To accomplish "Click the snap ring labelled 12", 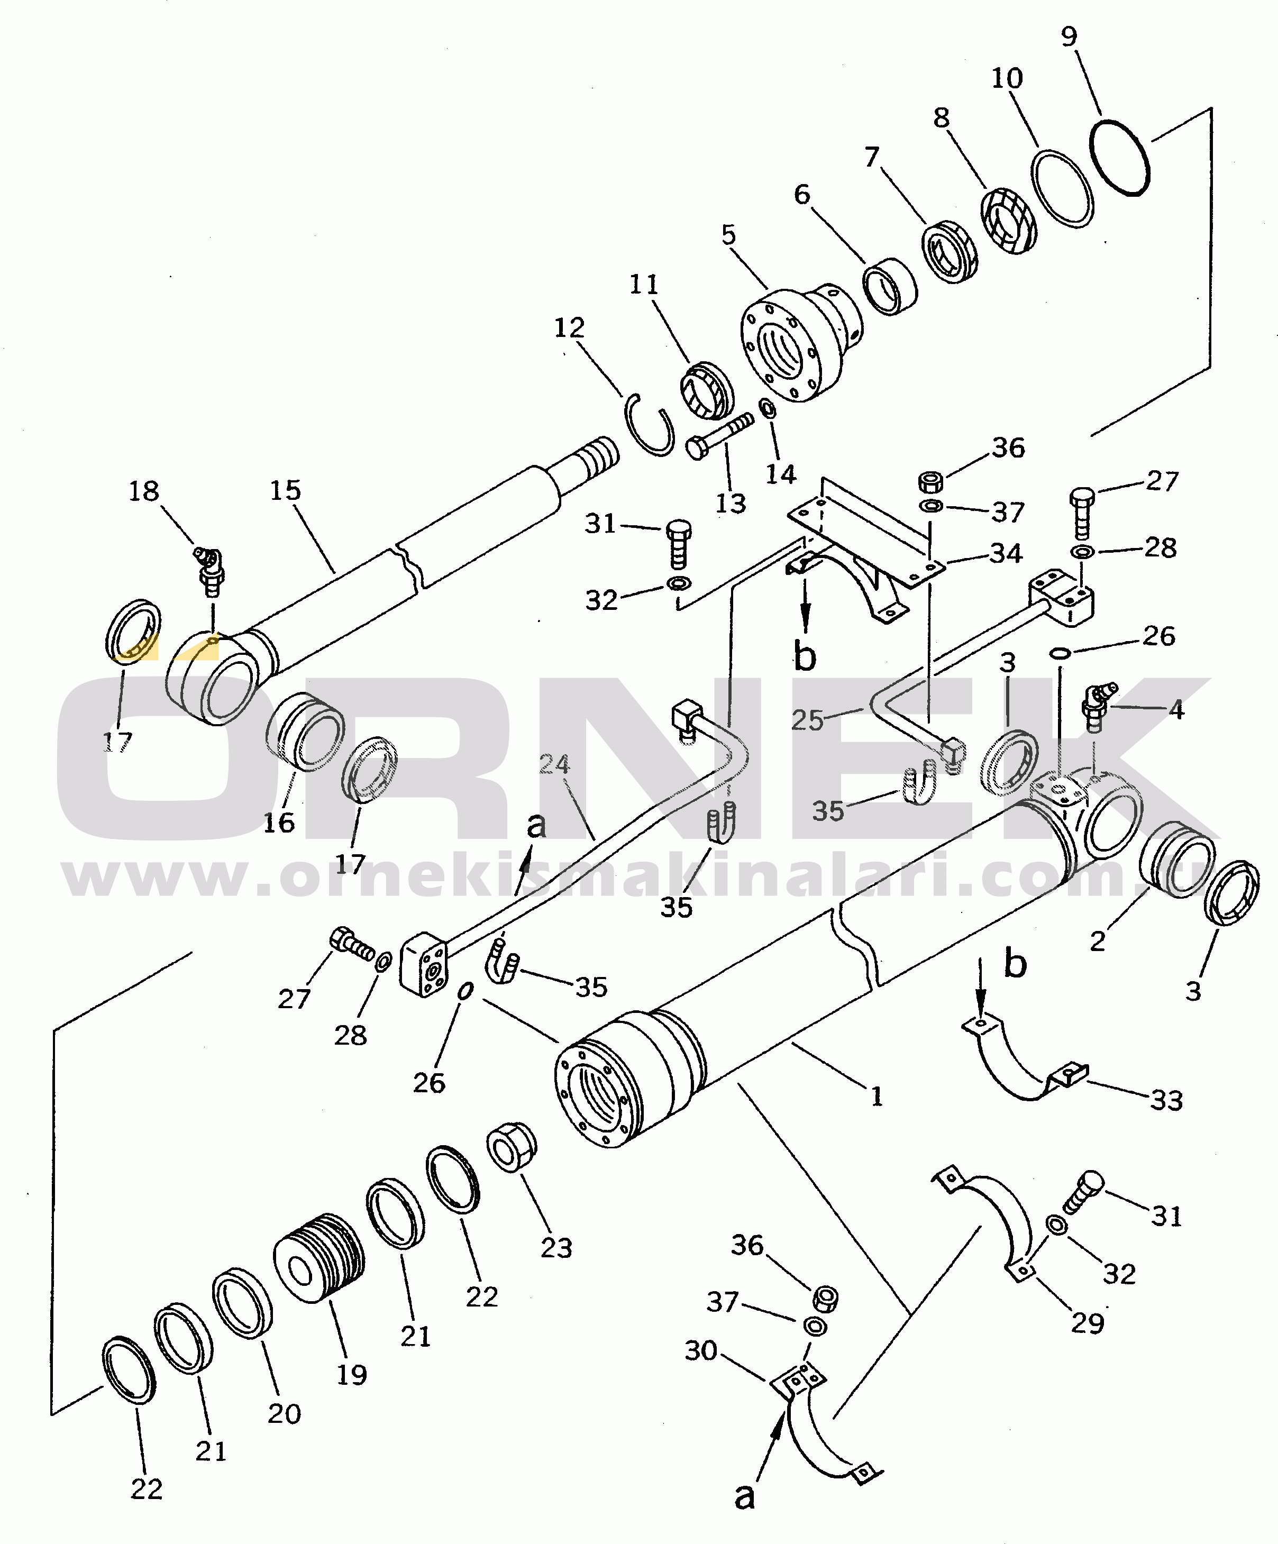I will point(651,424).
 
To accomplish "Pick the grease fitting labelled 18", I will point(211,569).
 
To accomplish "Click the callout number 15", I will point(285,490).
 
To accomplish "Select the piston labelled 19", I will point(319,1257).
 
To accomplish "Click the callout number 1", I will point(876,1097).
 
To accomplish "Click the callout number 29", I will point(1087,1323).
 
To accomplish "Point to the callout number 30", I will point(701,1350).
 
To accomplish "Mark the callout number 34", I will point(1006,553).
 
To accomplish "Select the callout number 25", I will point(807,720).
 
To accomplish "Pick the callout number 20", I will point(284,1413).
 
